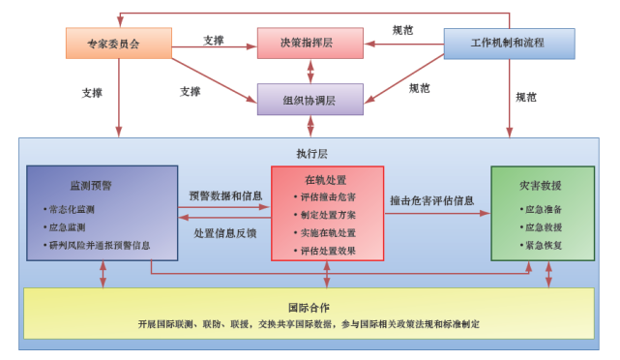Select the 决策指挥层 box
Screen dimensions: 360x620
click(x=310, y=43)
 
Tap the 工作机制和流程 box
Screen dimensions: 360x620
click(x=508, y=43)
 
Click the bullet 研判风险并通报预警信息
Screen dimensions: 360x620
click(x=103, y=245)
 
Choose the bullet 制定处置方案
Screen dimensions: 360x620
click(x=329, y=215)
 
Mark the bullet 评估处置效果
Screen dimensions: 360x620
click(x=329, y=251)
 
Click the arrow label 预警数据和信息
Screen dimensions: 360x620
click(x=225, y=196)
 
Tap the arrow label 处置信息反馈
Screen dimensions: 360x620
click(x=225, y=233)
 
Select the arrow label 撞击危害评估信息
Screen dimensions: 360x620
click(x=432, y=201)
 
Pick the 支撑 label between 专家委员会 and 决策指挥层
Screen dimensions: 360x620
click(x=214, y=40)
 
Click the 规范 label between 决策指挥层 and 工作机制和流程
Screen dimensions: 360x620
click(x=402, y=32)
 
